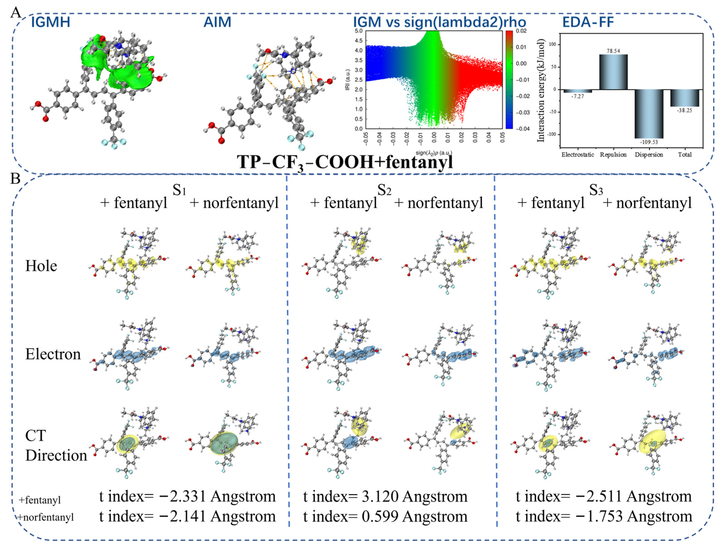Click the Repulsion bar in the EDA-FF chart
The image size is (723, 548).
613,72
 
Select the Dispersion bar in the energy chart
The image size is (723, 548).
649,114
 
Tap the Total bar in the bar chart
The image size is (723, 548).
685,98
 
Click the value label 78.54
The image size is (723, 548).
613,51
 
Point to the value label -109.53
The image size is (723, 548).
649,142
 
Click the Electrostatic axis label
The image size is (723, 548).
577,155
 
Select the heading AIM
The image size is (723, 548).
217,22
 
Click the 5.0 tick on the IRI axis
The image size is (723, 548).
359,31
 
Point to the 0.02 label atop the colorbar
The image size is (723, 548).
521,31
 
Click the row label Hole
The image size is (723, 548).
41,266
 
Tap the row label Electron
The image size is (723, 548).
53,354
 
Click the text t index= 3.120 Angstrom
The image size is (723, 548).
385,497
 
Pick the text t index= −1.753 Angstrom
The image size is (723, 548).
604,516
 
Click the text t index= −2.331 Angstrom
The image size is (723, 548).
187,497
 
